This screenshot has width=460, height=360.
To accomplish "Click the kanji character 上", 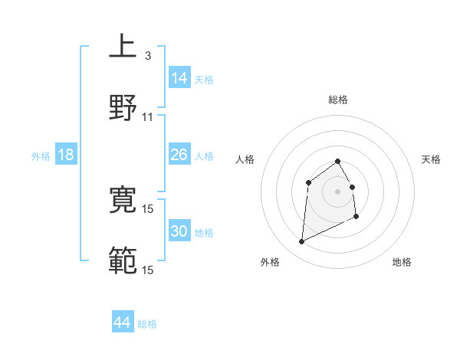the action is click(x=123, y=47).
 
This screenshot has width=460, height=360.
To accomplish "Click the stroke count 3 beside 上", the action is click(x=147, y=56).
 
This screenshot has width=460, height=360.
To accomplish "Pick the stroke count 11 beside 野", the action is click(x=148, y=117).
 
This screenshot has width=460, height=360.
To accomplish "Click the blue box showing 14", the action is click(x=179, y=77).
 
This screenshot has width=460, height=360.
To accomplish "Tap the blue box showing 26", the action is click(x=179, y=155).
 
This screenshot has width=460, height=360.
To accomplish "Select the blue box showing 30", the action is click(x=179, y=231).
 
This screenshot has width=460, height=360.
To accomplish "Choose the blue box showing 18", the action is click(x=66, y=155).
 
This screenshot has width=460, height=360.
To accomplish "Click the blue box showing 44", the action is click(x=123, y=322).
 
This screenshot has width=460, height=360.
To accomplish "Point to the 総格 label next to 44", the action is click(x=147, y=324).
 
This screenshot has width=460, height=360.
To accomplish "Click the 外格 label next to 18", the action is click(x=41, y=156).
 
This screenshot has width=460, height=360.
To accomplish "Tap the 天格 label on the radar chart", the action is click(x=432, y=159).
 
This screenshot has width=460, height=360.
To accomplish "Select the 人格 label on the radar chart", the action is click(x=245, y=159).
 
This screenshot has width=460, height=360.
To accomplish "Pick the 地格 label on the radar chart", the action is click(x=402, y=262).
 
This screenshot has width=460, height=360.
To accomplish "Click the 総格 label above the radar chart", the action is click(x=338, y=100).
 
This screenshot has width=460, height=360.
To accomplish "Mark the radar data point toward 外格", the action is click(x=301, y=242).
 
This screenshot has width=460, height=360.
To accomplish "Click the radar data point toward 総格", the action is click(x=338, y=161).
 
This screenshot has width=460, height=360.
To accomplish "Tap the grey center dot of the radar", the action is click(x=338, y=191).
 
